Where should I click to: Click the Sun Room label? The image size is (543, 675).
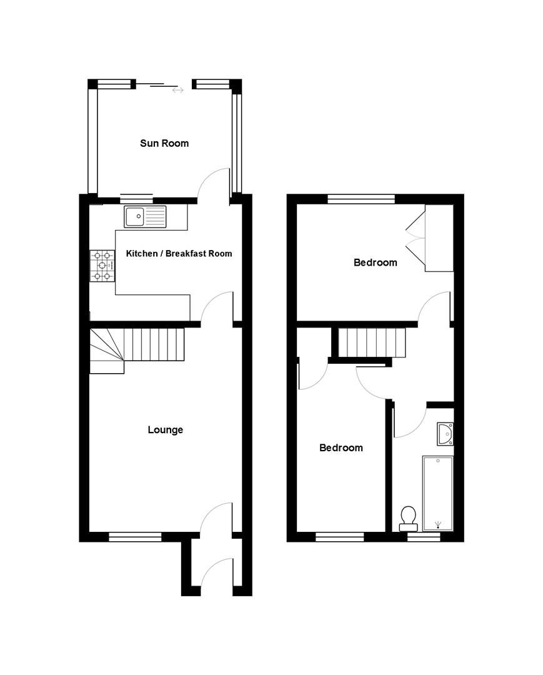164,143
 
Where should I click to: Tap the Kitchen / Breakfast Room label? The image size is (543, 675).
179,253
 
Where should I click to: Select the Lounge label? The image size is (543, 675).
166,429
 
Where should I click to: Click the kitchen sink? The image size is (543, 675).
145,216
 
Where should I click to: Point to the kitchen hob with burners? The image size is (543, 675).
102,266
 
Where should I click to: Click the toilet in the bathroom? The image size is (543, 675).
408,516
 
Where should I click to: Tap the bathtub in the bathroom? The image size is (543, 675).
437,492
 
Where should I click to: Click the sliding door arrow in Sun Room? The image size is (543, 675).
178,91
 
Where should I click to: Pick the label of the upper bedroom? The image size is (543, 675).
375,262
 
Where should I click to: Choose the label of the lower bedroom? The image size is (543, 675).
341,447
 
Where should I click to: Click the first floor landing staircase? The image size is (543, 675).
372,342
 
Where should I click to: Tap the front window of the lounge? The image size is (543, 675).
135,536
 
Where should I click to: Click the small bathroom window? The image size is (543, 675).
424,536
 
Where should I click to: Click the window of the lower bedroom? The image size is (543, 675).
340,536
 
